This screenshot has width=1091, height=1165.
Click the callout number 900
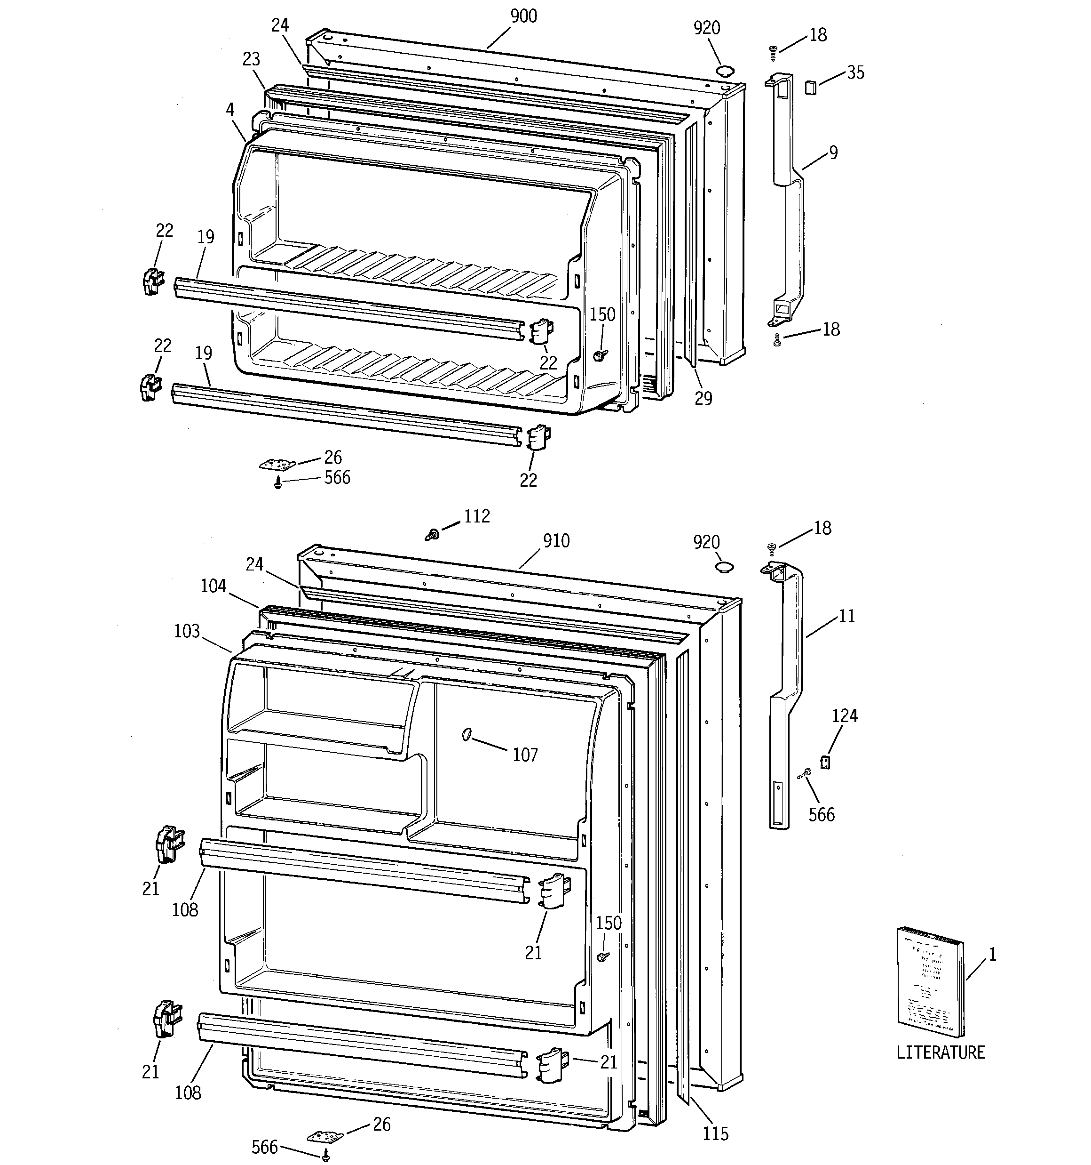pos(523,16)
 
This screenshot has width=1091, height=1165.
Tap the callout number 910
pos(556,540)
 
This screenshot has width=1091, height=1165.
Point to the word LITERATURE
pos(940,1069)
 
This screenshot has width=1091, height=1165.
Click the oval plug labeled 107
pos(467,734)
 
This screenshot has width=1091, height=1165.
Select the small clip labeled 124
pos(825,762)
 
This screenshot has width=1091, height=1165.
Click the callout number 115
pos(715,1133)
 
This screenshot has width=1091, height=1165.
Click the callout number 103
pos(187,631)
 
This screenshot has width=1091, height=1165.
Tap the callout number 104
pos(213,586)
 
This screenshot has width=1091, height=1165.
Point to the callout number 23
pos(251,59)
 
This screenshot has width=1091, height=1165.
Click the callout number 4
pos(230,110)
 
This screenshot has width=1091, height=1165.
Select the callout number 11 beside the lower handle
pos(847,616)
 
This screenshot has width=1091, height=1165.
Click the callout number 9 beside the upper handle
pos(833,153)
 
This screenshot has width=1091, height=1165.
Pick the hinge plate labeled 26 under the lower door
pos(325,1137)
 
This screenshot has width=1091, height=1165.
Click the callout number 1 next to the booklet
pos(992,955)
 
